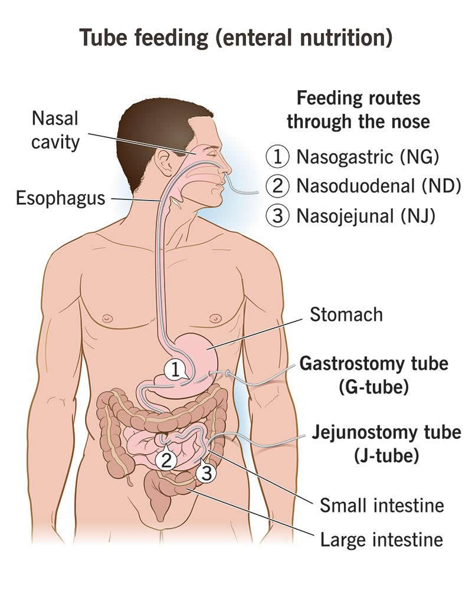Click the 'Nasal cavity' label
click(x=55, y=130)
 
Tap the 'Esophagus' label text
click(x=61, y=198)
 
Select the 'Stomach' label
click(x=346, y=314)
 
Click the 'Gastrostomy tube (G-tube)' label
click(x=374, y=375)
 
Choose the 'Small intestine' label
click(x=382, y=505)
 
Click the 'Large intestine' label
click(x=382, y=540)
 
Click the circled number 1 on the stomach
click(x=175, y=370)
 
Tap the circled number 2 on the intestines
click(x=166, y=460)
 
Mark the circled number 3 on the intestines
click(x=206, y=472)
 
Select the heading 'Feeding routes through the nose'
click(x=359, y=110)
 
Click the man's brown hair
click(x=156, y=121)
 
